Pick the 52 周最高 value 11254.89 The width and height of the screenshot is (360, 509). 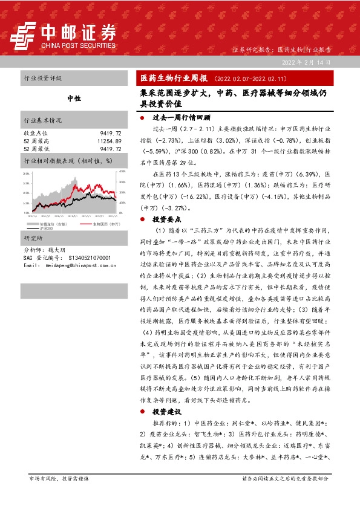coord(109,140)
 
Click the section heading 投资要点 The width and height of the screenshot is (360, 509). coord(164,220)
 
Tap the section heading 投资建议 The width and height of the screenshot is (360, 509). coord(164,411)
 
